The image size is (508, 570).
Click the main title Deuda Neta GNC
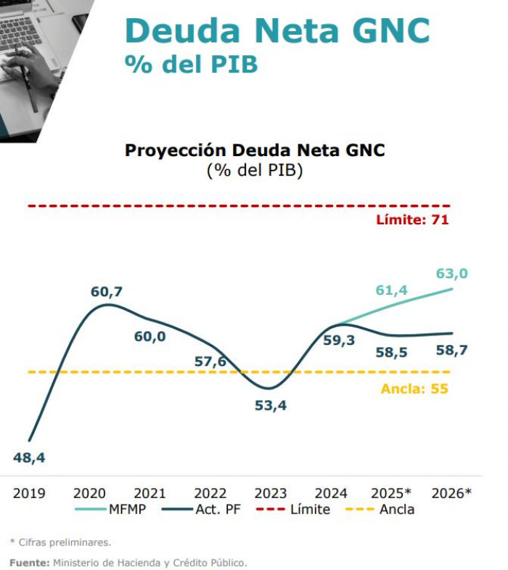pos(277,31)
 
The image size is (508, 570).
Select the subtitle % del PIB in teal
pos(191,64)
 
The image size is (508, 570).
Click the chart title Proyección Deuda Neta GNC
pos(255,150)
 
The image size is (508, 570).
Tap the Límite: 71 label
pos(412,219)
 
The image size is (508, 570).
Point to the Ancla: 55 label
pos(414,388)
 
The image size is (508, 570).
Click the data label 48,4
pos(29,457)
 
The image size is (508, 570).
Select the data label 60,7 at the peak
pos(107,292)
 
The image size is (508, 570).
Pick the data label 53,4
pos(271,405)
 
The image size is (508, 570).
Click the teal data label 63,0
pos(451,274)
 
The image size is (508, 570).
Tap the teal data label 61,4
pos(391,290)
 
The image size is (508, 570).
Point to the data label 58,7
pos(451,350)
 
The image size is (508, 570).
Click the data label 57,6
pos(210,361)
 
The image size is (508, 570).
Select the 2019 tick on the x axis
pos(29,493)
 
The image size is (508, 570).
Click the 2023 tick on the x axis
pos(271,493)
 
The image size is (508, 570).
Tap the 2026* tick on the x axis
pos(451,493)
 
